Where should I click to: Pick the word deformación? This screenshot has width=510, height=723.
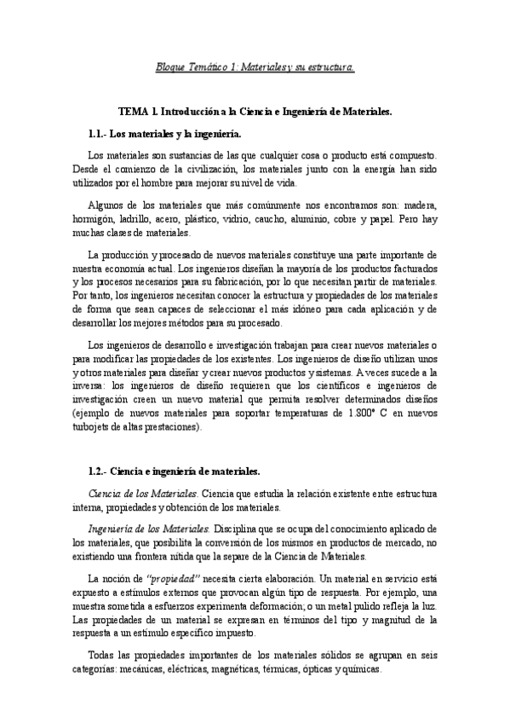(x=262, y=605)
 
